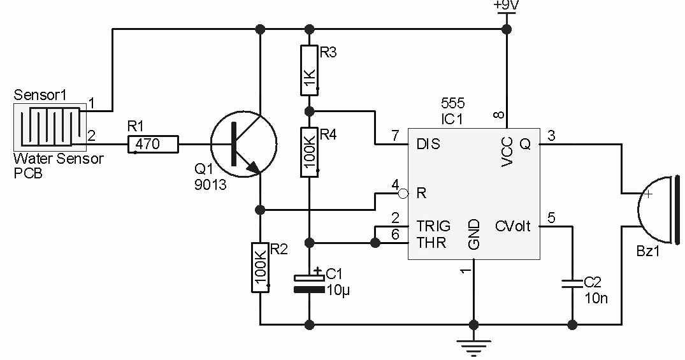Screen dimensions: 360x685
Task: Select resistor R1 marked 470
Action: [153, 145]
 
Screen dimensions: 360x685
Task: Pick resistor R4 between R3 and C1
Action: [309, 152]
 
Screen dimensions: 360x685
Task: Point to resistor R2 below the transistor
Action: [260, 267]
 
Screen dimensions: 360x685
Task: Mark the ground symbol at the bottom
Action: [473, 346]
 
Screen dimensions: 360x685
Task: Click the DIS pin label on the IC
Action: [428, 145]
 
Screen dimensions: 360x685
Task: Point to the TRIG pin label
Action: [433, 226]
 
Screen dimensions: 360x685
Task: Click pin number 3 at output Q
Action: [552, 135]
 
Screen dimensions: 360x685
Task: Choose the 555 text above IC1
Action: [452, 103]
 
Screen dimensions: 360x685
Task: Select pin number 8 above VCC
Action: [499, 115]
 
